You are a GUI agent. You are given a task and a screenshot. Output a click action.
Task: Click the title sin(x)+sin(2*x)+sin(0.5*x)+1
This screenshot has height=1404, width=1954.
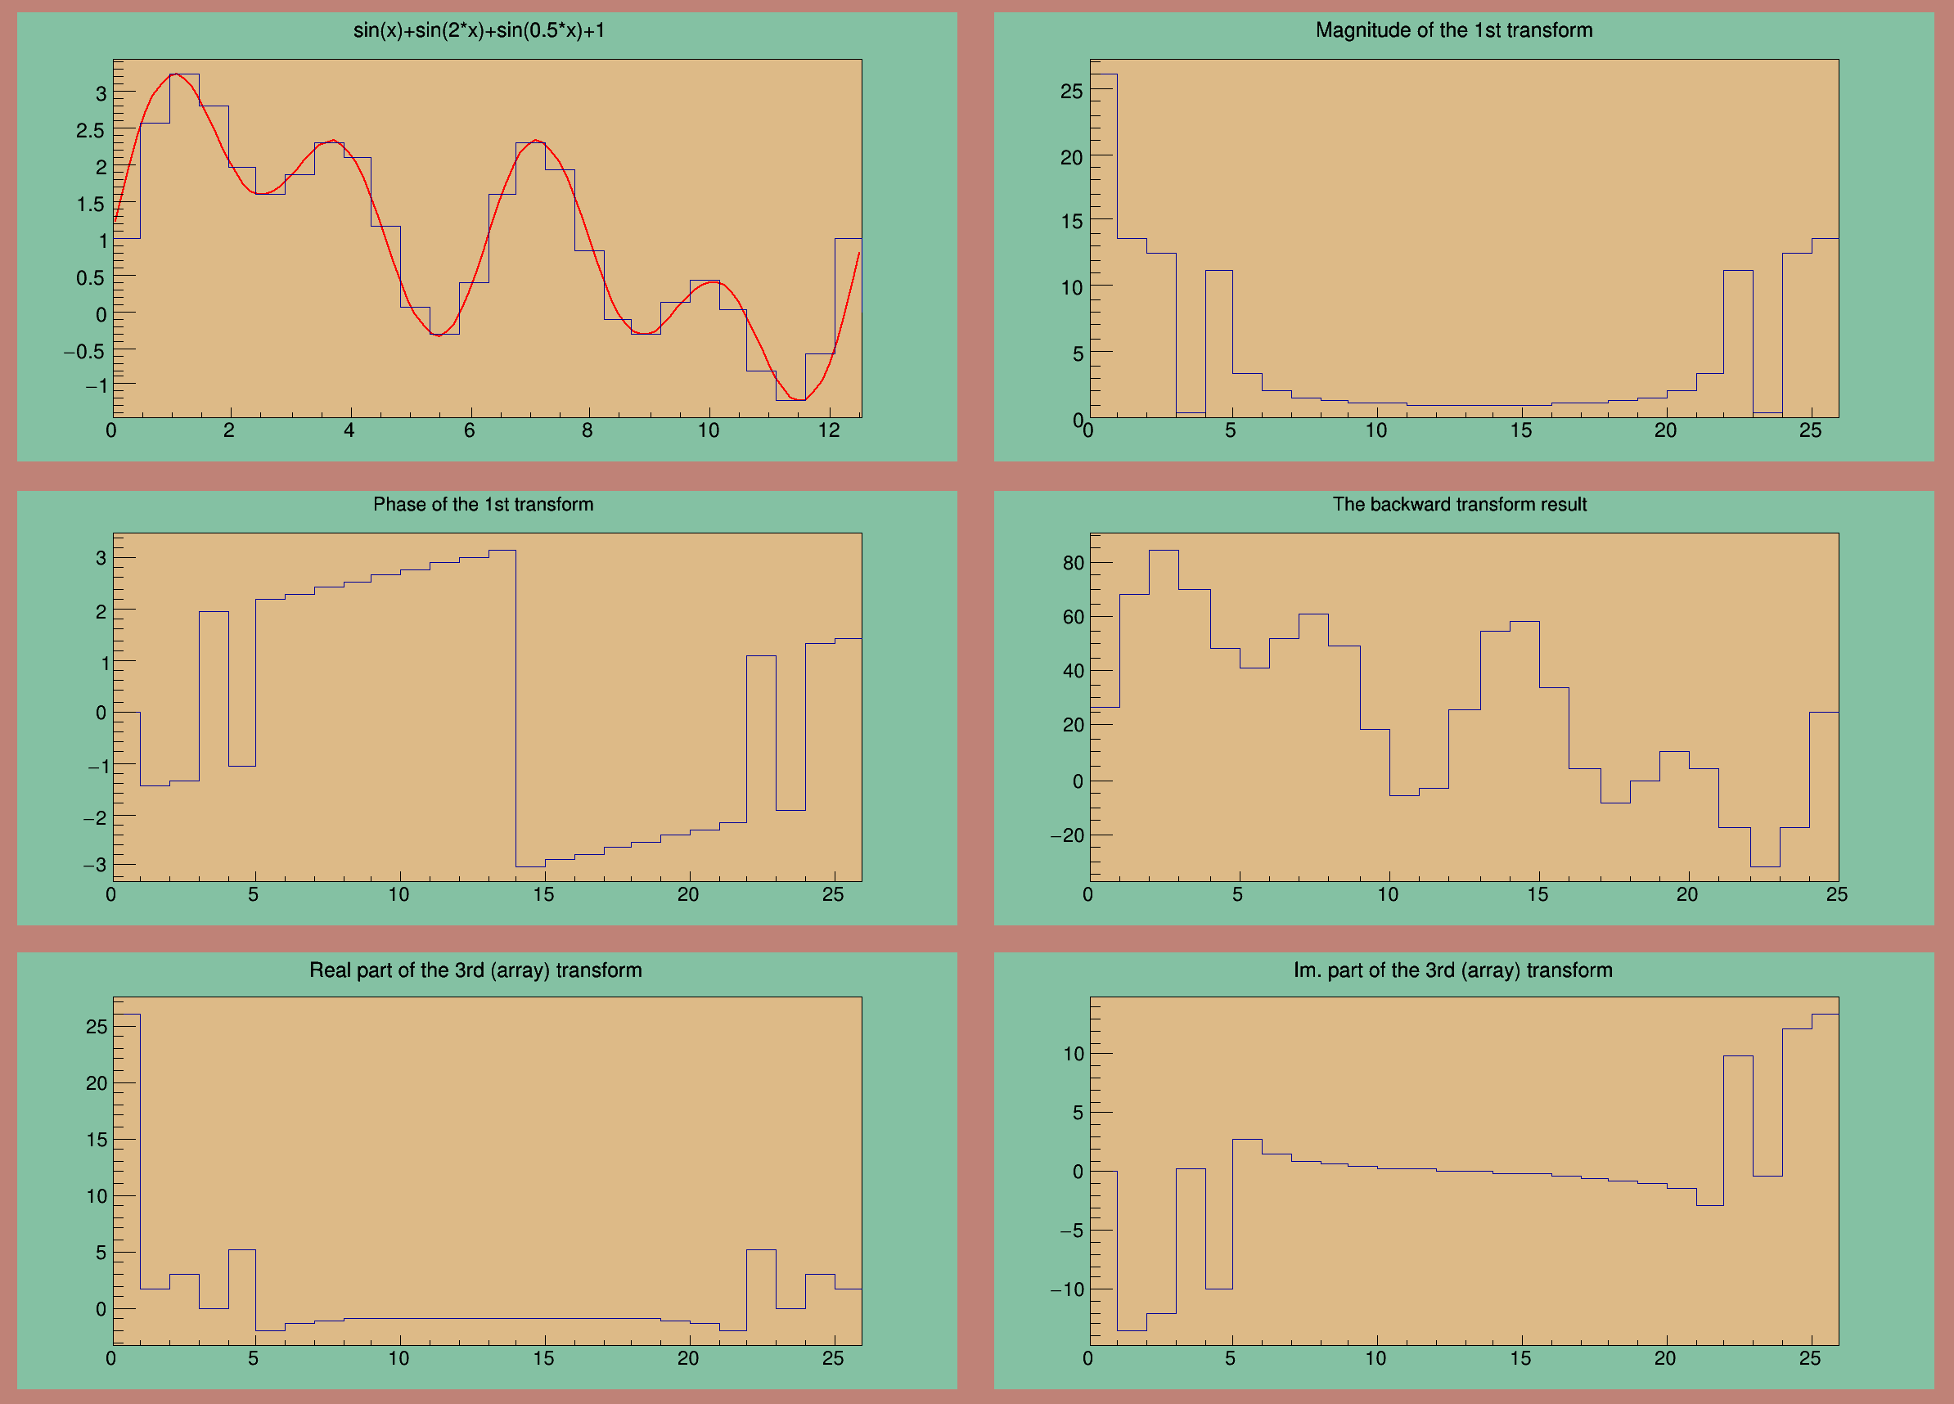479,31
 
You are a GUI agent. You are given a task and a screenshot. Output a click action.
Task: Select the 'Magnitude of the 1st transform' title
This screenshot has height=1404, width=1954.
1453,31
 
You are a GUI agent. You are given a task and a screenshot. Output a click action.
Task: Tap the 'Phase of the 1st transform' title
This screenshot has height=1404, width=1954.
483,505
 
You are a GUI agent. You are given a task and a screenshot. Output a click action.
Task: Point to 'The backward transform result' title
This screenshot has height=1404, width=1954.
1459,505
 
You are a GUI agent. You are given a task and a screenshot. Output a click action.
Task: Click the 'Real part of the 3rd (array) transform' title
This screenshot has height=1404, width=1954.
475,970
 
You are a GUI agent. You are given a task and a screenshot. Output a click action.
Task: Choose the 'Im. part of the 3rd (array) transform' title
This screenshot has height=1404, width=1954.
1452,970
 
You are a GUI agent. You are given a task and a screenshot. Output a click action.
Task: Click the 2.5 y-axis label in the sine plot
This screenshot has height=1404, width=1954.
90,131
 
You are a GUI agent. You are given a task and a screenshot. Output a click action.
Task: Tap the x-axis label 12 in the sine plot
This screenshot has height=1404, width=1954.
828,430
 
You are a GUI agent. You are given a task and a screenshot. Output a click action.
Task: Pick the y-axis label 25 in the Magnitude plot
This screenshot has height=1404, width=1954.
1071,92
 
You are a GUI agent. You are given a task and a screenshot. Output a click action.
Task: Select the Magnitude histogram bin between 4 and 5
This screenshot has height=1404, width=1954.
1219,344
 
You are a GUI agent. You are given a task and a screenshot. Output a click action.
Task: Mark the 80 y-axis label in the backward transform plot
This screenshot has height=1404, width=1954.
1073,564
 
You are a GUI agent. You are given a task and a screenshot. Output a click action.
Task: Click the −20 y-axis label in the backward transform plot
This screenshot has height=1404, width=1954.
1067,835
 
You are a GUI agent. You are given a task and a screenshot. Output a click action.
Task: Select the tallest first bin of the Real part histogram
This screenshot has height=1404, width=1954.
127,1163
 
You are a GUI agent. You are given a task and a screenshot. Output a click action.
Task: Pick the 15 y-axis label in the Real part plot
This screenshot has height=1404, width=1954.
97,1140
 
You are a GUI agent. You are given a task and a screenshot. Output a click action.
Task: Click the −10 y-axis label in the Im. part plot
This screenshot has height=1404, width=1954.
1067,1289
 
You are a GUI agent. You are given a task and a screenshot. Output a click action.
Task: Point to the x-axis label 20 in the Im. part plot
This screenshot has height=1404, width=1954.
1664,1358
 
